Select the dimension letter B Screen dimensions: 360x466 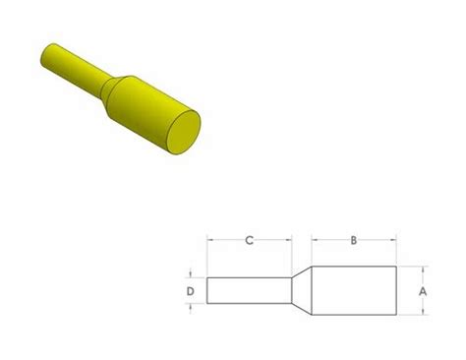point(354,238)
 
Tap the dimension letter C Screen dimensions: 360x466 point(250,238)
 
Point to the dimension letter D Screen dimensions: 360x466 point(192,291)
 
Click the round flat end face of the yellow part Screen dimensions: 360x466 point(182,133)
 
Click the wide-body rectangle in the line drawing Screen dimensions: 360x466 point(355,291)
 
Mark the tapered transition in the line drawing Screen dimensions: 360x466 point(302,291)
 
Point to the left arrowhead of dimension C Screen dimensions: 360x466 point(210,238)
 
